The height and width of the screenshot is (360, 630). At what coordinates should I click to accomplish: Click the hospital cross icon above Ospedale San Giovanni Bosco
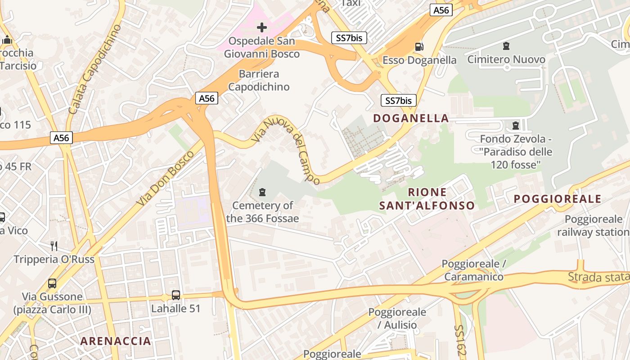click(x=261, y=28)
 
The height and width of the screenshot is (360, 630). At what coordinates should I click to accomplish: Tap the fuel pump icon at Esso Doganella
click(x=419, y=46)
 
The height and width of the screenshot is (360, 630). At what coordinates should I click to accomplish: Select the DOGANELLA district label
click(x=411, y=118)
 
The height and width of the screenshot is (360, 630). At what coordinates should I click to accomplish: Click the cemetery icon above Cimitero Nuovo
click(x=506, y=46)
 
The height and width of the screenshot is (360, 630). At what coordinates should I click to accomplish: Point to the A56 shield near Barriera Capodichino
click(x=207, y=98)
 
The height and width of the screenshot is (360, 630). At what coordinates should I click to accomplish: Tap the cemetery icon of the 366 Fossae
click(x=262, y=193)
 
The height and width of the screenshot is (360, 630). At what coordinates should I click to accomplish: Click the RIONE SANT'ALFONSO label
click(x=427, y=199)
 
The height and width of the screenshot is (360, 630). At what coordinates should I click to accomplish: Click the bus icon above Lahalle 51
click(x=176, y=295)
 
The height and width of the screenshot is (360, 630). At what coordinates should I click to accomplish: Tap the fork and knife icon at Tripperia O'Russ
click(x=54, y=246)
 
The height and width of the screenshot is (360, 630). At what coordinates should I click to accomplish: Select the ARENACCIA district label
click(x=116, y=341)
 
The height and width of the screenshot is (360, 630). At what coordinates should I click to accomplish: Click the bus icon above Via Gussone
click(x=52, y=283)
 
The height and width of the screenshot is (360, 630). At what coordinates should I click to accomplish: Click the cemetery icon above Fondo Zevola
click(x=516, y=125)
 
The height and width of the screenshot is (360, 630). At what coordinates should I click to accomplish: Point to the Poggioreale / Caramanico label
click(x=473, y=270)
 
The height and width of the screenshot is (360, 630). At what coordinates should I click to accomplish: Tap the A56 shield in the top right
click(x=441, y=10)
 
